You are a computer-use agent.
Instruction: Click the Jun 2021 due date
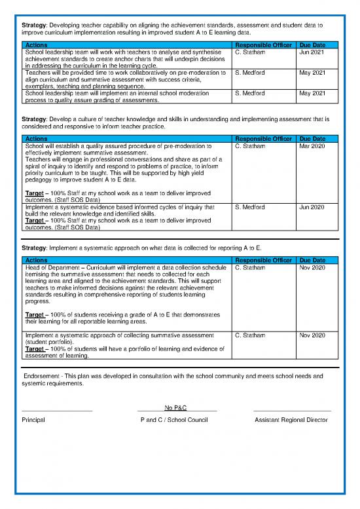click(x=311, y=50)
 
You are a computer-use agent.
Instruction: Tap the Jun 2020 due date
click(x=311, y=207)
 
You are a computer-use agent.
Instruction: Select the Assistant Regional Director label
click(x=291, y=419)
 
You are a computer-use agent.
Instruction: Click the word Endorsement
click(x=41, y=377)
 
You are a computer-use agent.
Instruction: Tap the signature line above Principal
click(x=57, y=411)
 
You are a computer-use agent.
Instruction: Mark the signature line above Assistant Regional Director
click(x=292, y=411)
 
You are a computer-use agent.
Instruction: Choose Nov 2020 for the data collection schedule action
click(x=311, y=268)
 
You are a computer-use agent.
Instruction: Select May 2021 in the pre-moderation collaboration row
click(x=311, y=72)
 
